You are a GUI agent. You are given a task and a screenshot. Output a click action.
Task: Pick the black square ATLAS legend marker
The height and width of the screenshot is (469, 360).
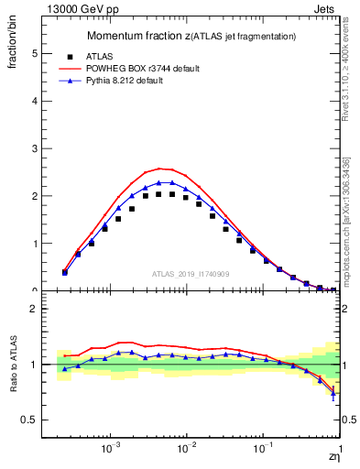(x=65, y=56)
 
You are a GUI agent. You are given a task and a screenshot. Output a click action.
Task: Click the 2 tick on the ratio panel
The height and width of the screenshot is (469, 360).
(x=37, y=309)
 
